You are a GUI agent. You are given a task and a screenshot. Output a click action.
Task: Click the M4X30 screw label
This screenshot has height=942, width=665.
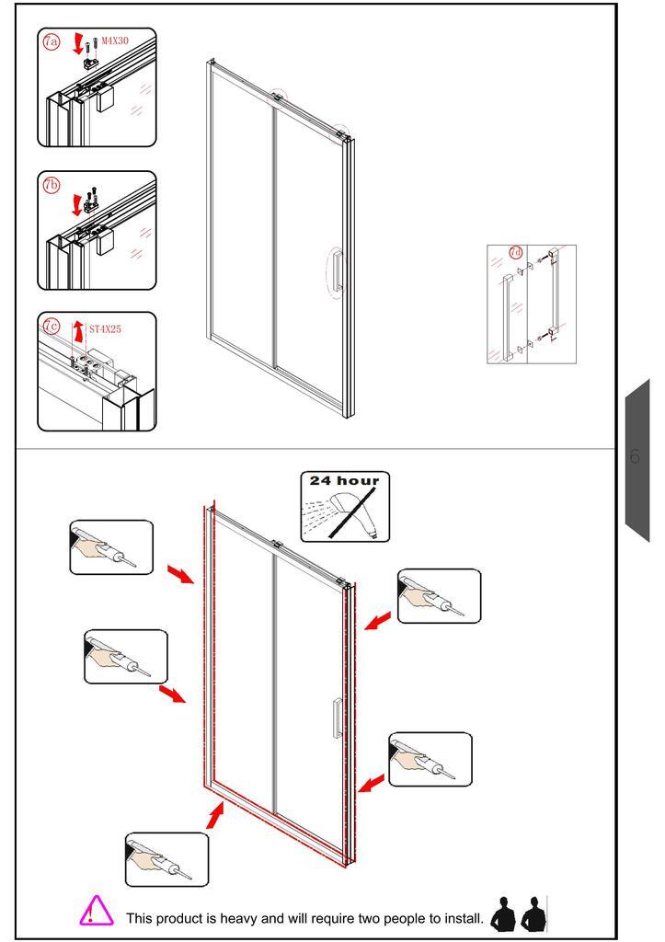click(115, 40)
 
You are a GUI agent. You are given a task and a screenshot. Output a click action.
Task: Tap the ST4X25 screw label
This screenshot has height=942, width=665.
click(105, 329)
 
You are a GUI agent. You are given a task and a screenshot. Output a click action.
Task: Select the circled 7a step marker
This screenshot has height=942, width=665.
click(52, 41)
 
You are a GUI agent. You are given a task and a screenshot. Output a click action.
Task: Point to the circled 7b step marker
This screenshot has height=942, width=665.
click(52, 185)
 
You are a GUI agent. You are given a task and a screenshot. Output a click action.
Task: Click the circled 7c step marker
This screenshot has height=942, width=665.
click(52, 327)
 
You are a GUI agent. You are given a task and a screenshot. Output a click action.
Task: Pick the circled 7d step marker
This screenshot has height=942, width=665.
click(515, 253)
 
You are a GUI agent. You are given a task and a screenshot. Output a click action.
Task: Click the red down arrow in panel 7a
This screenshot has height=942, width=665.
click(77, 44)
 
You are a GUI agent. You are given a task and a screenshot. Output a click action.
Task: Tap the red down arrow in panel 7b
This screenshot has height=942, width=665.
click(76, 204)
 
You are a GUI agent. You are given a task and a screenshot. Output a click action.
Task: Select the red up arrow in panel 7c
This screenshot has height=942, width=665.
click(78, 331)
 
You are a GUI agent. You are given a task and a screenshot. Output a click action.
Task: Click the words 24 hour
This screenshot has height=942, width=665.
click(345, 480)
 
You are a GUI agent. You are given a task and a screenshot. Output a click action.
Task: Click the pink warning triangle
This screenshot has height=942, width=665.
click(96, 910)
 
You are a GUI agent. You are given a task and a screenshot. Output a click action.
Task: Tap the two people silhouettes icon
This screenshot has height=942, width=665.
click(519, 913)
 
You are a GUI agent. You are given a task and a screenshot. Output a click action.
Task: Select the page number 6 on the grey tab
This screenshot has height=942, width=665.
click(635, 456)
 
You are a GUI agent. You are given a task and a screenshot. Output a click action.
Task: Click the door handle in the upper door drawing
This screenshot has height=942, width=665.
click(337, 271)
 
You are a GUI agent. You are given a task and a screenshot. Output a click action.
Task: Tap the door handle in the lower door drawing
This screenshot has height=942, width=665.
click(338, 718)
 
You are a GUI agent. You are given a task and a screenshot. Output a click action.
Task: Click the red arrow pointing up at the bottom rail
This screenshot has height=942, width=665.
click(215, 815)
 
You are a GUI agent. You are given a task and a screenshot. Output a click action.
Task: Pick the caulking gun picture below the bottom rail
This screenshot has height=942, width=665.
click(167, 860)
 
